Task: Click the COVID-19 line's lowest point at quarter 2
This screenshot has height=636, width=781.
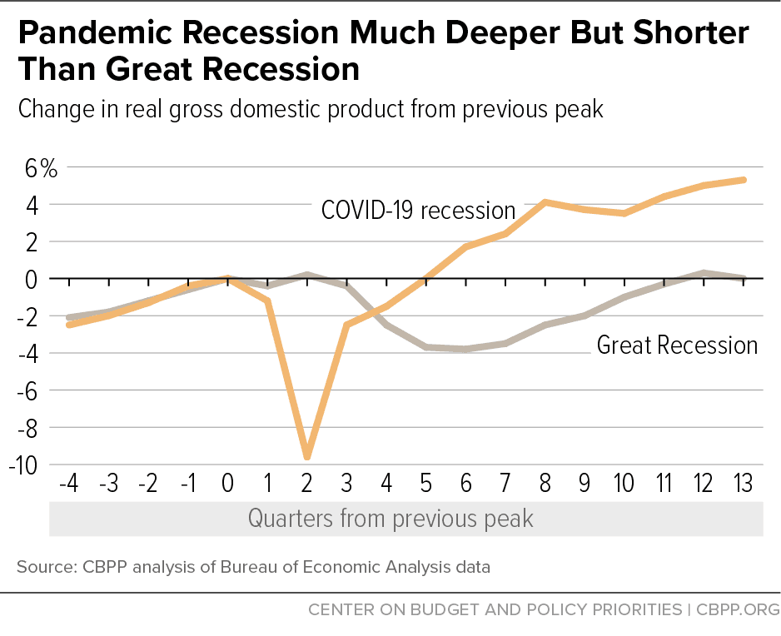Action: click(x=307, y=457)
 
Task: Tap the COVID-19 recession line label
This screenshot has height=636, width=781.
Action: click(x=418, y=210)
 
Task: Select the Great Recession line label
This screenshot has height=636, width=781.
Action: click(x=677, y=345)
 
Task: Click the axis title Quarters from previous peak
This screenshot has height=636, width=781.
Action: click(x=390, y=519)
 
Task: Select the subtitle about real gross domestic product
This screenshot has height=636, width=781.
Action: click(x=310, y=109)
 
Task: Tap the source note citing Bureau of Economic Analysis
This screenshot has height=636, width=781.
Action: click(x=253, y=568)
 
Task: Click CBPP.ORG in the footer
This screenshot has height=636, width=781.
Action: click(x=734, y=609)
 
